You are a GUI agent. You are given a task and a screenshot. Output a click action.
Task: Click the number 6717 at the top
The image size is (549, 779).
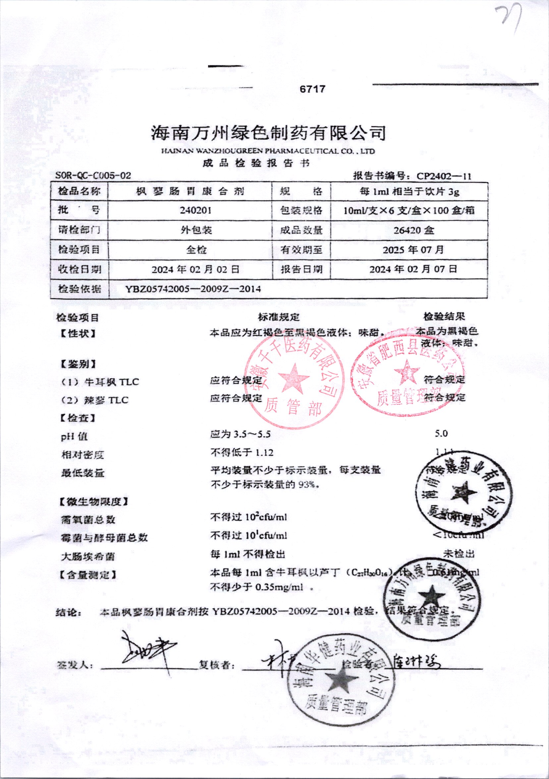pos(312,89)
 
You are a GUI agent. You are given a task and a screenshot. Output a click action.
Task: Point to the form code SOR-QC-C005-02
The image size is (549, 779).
pos(93,175)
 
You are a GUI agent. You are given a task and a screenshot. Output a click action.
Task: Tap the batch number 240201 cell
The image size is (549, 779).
pos(196,210)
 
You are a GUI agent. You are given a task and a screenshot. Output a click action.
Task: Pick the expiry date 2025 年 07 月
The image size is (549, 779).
pos(413,250)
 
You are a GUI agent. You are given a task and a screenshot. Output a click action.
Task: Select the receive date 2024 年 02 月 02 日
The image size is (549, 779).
pos(196,270)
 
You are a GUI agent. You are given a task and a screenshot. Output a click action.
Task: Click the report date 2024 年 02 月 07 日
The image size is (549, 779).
pos(413,270)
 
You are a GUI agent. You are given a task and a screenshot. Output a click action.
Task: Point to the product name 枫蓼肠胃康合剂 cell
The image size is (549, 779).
pos(190,192)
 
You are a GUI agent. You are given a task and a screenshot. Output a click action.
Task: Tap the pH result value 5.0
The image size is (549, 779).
pos(441,434)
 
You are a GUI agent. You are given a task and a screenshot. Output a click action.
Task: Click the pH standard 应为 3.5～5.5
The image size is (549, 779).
pos(240,434)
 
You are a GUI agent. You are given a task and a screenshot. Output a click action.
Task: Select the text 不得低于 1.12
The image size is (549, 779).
pos(242,453)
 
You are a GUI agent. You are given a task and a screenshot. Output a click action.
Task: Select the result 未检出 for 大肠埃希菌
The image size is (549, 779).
pos(459,554)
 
